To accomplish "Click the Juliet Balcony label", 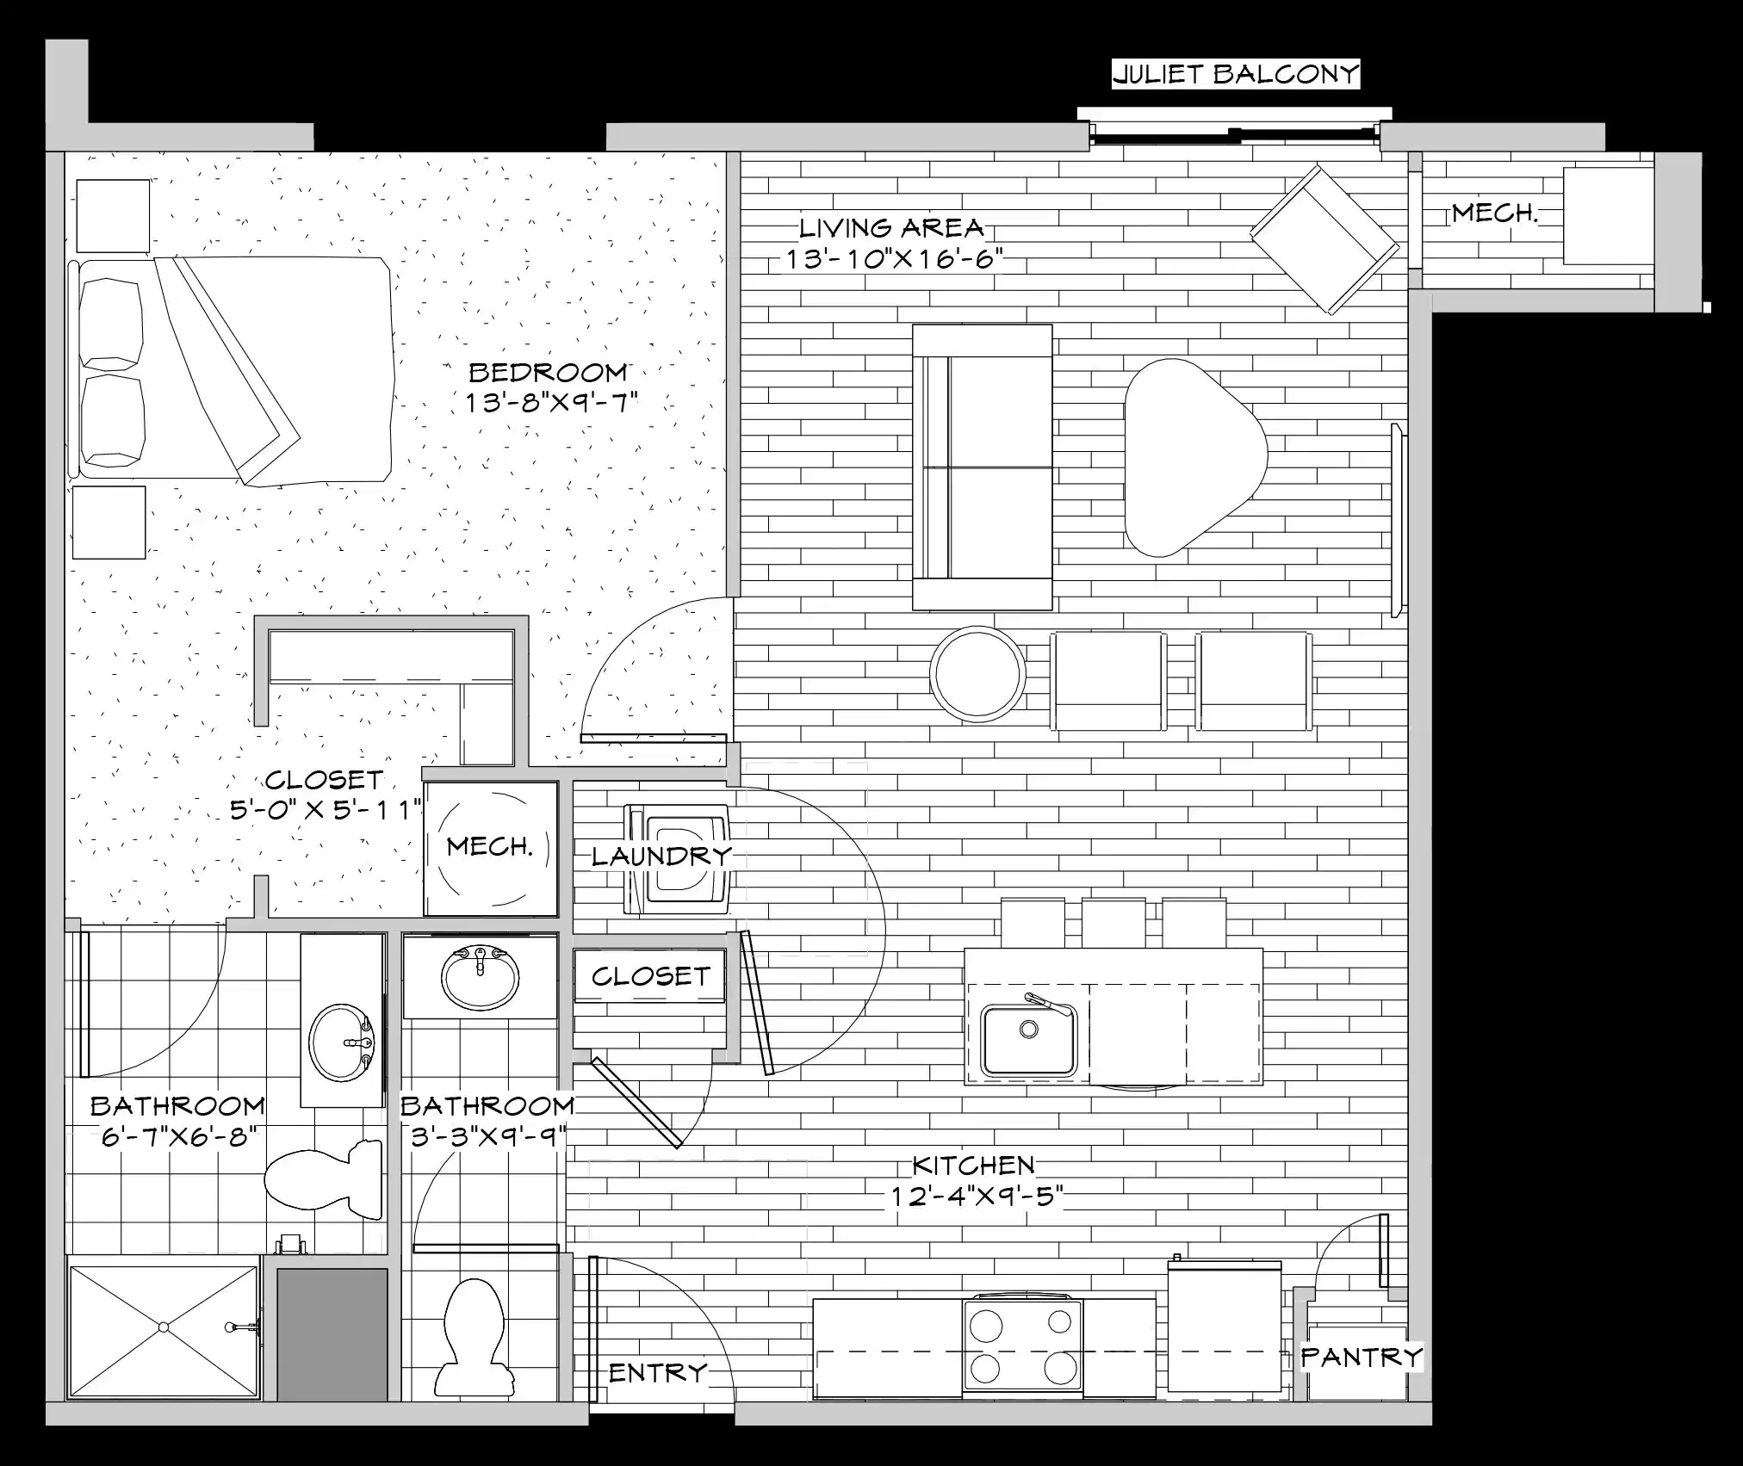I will [x=1235, y=74].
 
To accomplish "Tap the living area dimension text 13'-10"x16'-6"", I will [x=895, y=258].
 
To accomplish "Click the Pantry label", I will [x=1361, y=1358].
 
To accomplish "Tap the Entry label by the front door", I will [x=658, y=1372].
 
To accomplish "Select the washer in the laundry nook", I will [x=678, y=857].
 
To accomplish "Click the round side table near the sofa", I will [x=977, y=673].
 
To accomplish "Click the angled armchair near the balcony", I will [x=1324, y=238].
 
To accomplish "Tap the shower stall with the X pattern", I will [x=163, y=1327].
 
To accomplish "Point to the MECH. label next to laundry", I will [x=490, y=847].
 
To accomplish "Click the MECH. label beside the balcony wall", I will [x=1494, y=213].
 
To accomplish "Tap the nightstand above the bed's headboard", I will [x=113, y=215].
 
